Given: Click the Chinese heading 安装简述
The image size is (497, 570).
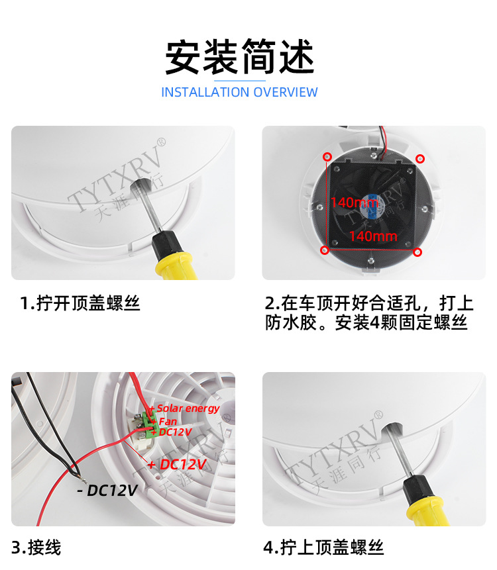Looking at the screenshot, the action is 240,57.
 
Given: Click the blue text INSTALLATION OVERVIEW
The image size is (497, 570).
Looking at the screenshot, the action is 239,92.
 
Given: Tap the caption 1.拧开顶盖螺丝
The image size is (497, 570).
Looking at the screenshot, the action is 80,303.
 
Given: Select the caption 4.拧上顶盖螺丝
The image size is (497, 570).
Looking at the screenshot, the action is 323,547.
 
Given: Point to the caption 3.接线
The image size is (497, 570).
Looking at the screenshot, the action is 36,547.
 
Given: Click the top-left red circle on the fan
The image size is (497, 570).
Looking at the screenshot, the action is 327,157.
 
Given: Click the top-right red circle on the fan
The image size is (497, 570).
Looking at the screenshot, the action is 420,158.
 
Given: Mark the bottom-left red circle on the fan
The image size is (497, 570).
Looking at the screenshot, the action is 325,250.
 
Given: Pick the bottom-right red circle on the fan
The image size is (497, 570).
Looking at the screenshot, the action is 417,252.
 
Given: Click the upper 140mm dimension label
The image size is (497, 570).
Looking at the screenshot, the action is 355,202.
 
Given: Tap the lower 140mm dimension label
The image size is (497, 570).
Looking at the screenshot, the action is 373,236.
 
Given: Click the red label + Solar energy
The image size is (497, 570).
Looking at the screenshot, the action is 184,408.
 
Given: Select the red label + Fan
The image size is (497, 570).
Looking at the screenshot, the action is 164,422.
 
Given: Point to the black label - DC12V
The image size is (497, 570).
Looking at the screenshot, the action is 107,491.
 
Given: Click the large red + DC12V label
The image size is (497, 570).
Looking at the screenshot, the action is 177,464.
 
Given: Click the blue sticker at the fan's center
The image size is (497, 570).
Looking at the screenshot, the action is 372,202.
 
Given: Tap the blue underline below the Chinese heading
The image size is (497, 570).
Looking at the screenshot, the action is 240,81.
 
